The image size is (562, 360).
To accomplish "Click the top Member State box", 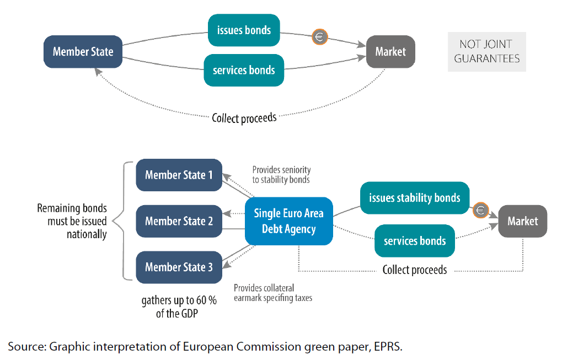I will (x=83, y=52).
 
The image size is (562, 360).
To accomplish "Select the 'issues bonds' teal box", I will (x=244, y=30).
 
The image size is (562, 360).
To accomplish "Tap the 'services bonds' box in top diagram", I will (x=244, y=70).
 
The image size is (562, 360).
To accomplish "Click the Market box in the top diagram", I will (x=390, y=52).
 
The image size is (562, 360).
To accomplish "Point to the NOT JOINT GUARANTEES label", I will (x=486, y=51).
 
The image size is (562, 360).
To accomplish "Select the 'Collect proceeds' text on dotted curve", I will (x=244, y=117).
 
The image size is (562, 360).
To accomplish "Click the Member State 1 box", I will (x=179, y=175).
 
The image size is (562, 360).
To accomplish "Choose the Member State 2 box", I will (x=179, y=221).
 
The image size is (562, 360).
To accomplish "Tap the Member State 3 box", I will (x=179, y=267).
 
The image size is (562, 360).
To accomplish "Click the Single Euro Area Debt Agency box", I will (x=288, y=221).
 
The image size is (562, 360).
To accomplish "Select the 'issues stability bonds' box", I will (x=414, y=198).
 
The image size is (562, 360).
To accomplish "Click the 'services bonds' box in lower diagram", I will (x=414, y=241).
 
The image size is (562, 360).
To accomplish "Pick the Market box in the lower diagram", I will (x=522, y=221).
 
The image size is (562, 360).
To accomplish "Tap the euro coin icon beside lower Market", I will (x=480, y=210).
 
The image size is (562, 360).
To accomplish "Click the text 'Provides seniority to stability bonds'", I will (x=281, y=175).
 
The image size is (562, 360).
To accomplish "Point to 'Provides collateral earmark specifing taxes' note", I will (x=272, y=293).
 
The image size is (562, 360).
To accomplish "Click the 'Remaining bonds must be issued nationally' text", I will (x=72, y=221).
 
